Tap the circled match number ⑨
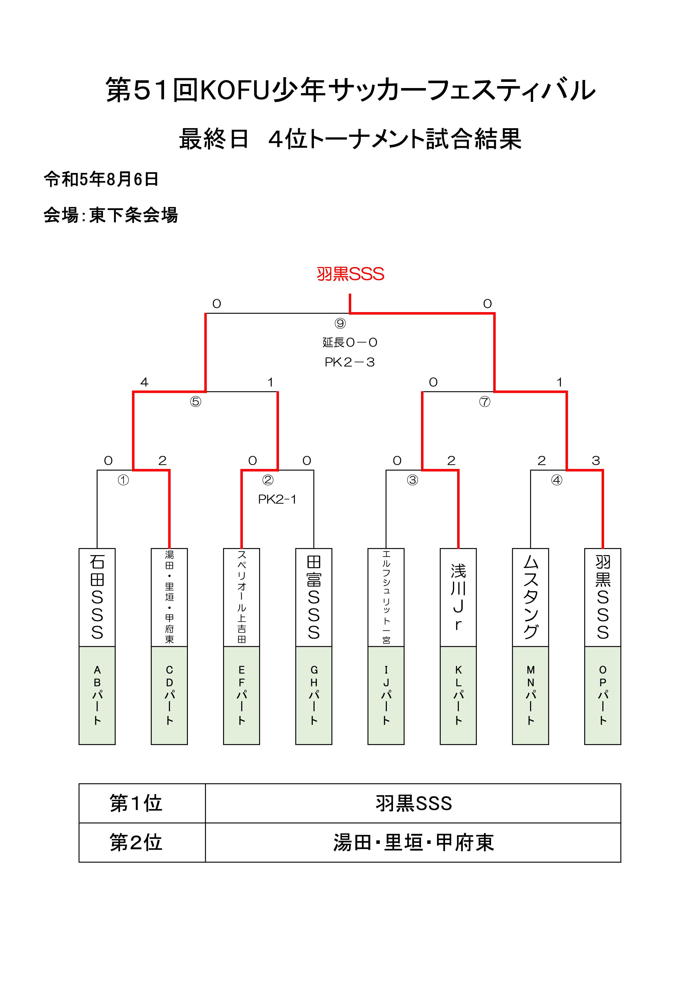pos(340,323)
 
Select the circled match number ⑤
pos(196,402)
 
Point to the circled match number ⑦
pos(485,402)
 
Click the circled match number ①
pos(123,480)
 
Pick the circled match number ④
pos(557,480)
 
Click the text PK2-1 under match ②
pos(277,499)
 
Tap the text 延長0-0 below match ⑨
pos(350,342)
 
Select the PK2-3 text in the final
pos(350,362)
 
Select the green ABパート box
pos(97,695)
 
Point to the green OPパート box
pos(603,695)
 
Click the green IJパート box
pos(386,695)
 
